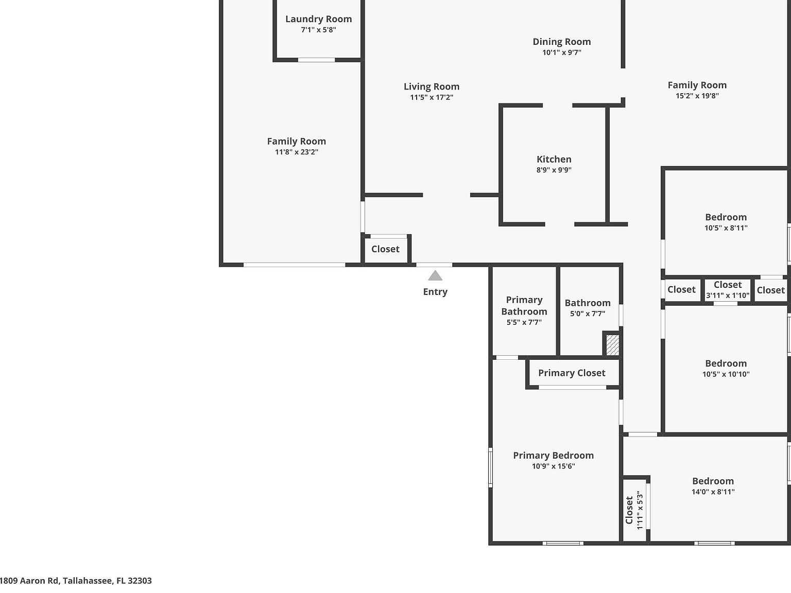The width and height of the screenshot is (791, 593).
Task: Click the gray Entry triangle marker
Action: (435, 276)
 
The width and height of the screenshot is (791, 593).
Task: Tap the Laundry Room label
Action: (318, 19)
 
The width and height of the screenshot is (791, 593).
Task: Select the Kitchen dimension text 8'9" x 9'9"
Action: (554, 170)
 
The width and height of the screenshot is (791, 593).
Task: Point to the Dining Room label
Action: (561, 42)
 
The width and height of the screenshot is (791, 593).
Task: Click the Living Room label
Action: (431, 86)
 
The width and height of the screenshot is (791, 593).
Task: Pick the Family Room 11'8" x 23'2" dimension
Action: (296, 152)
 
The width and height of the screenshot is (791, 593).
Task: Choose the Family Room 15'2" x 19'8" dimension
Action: (697, 96)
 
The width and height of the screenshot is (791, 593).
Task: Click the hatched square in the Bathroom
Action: (612, 344)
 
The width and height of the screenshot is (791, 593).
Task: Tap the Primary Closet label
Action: (572, 373)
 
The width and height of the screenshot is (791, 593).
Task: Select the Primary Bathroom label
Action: (524, 305)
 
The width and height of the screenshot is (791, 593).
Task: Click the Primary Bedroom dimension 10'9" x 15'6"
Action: (553, 466)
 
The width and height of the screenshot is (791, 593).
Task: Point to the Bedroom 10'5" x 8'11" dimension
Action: (726, 228)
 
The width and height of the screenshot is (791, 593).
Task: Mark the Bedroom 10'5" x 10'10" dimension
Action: (726, 374)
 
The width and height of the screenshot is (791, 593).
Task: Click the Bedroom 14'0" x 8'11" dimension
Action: (713, 492)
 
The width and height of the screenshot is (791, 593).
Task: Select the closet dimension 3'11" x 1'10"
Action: (727, 295)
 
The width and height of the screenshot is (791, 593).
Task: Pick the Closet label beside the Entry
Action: (385, 249)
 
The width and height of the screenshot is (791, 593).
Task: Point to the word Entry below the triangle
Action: (435, 292)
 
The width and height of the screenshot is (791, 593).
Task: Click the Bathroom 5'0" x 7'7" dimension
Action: (587, 313)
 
